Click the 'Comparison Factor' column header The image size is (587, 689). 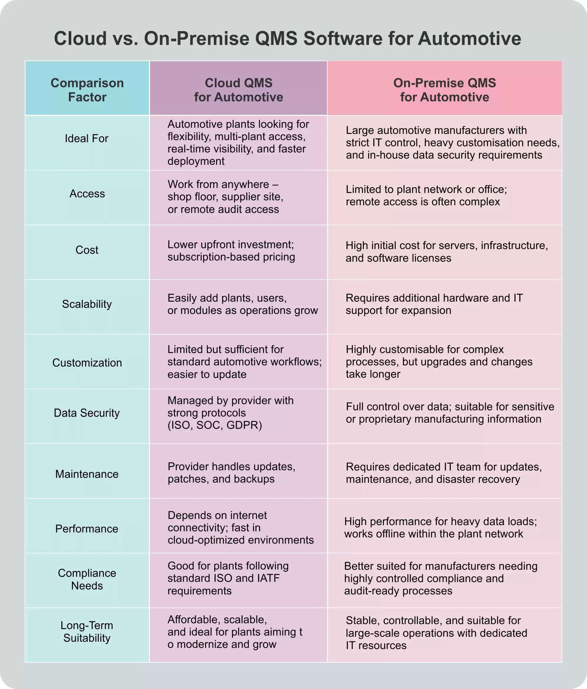(87, 90)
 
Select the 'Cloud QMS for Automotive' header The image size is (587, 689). (238, 90)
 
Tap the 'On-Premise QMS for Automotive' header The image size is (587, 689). (444, 90)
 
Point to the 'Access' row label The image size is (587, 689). (87, 194)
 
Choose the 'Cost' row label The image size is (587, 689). (87, 250)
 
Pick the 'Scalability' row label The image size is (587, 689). (87, 304)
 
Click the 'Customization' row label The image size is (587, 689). (87, 362)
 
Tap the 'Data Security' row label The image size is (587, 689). (87, 413)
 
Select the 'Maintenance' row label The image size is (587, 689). (87, 474)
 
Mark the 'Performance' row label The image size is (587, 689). (87, 529)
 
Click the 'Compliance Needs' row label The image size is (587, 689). (87, 579)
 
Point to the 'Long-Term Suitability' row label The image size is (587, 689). (87, 631)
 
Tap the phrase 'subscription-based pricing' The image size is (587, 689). (231, 257)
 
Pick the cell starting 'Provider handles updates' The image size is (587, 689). (231, 473)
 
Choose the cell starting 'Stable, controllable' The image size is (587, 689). (436, 633)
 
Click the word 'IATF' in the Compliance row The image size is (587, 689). (268, 578)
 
